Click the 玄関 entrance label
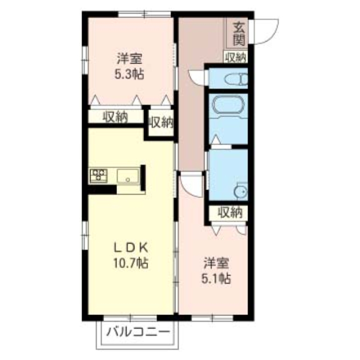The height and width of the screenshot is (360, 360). [x=239, y=34]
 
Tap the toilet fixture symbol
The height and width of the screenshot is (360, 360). [x=236, y=79]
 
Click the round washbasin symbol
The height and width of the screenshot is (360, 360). [x=241, y=191]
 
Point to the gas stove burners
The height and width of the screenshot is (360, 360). [x=98, y=175]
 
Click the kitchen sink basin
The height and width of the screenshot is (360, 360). [x=128, y=176]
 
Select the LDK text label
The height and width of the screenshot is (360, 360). [x=130, y=247]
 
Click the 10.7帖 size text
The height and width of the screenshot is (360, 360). [x=130, y=263]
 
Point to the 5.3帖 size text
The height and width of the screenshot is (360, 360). [x=129, y=74]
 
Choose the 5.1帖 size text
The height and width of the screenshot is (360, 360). [x=216, y=278]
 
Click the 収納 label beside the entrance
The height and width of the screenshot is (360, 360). [x=236, y=57]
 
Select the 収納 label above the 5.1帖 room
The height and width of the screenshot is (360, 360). [x=230, y=213]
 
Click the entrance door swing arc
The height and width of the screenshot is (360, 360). [x=273, y=36]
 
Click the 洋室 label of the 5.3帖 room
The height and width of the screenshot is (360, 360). [x=129, y=58]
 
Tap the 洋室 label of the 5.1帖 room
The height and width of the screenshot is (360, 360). [x=216, y=263]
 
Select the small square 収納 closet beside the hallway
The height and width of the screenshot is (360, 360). [x=160, y=123]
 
